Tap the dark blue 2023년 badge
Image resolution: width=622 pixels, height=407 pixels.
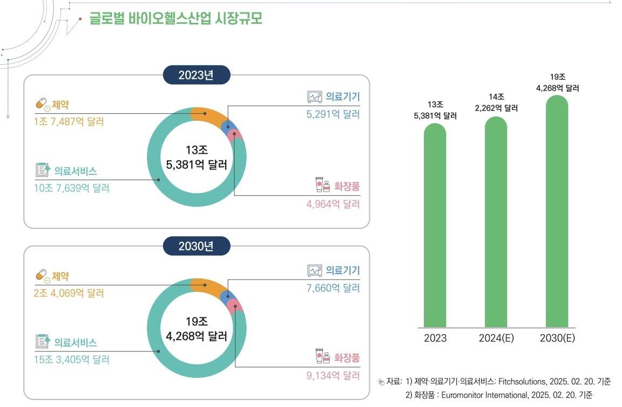click(x=197, y=75)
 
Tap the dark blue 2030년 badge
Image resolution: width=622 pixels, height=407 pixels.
click(x=197, y=247)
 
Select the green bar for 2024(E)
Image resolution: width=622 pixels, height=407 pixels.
click(x=496, y=222)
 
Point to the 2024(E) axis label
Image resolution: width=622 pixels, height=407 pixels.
click(x=496, y=338)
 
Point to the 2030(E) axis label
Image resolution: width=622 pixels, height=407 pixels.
click(x=557, y=338)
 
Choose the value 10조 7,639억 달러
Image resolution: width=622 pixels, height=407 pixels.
click(x=72, y=188)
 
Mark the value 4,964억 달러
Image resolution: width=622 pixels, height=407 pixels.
click(x=332, y=204)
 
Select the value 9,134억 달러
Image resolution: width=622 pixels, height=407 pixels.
click(x=332, y=376)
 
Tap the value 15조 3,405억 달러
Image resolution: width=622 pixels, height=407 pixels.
click(x=72, y=359)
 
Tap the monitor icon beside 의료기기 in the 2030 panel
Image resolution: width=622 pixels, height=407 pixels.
click(x=314, y=270)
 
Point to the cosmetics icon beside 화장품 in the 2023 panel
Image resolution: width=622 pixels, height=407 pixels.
click(x=322, y=185)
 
